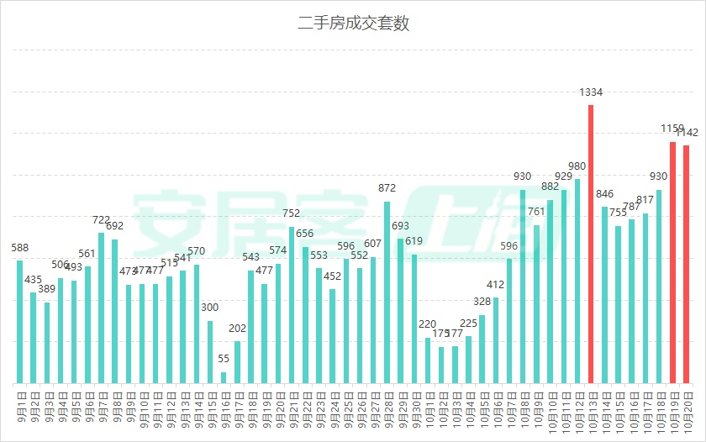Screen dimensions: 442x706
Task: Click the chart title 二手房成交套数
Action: (x=353, y=24)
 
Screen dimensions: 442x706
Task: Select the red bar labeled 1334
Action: (x=591, y=244)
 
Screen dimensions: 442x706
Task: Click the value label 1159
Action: (x=672, y=129)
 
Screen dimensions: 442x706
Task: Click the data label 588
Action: (x=19, y=248)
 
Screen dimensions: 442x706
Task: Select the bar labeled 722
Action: (x=101, y=308)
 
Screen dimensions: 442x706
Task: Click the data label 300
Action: (x=210, y=308)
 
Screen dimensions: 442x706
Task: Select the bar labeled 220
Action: (x=428, y=360)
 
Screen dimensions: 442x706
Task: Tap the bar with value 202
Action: (x=237, y=362)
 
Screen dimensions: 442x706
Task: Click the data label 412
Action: (x=496, y=284)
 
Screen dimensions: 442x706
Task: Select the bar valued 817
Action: (x=645, y=298)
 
